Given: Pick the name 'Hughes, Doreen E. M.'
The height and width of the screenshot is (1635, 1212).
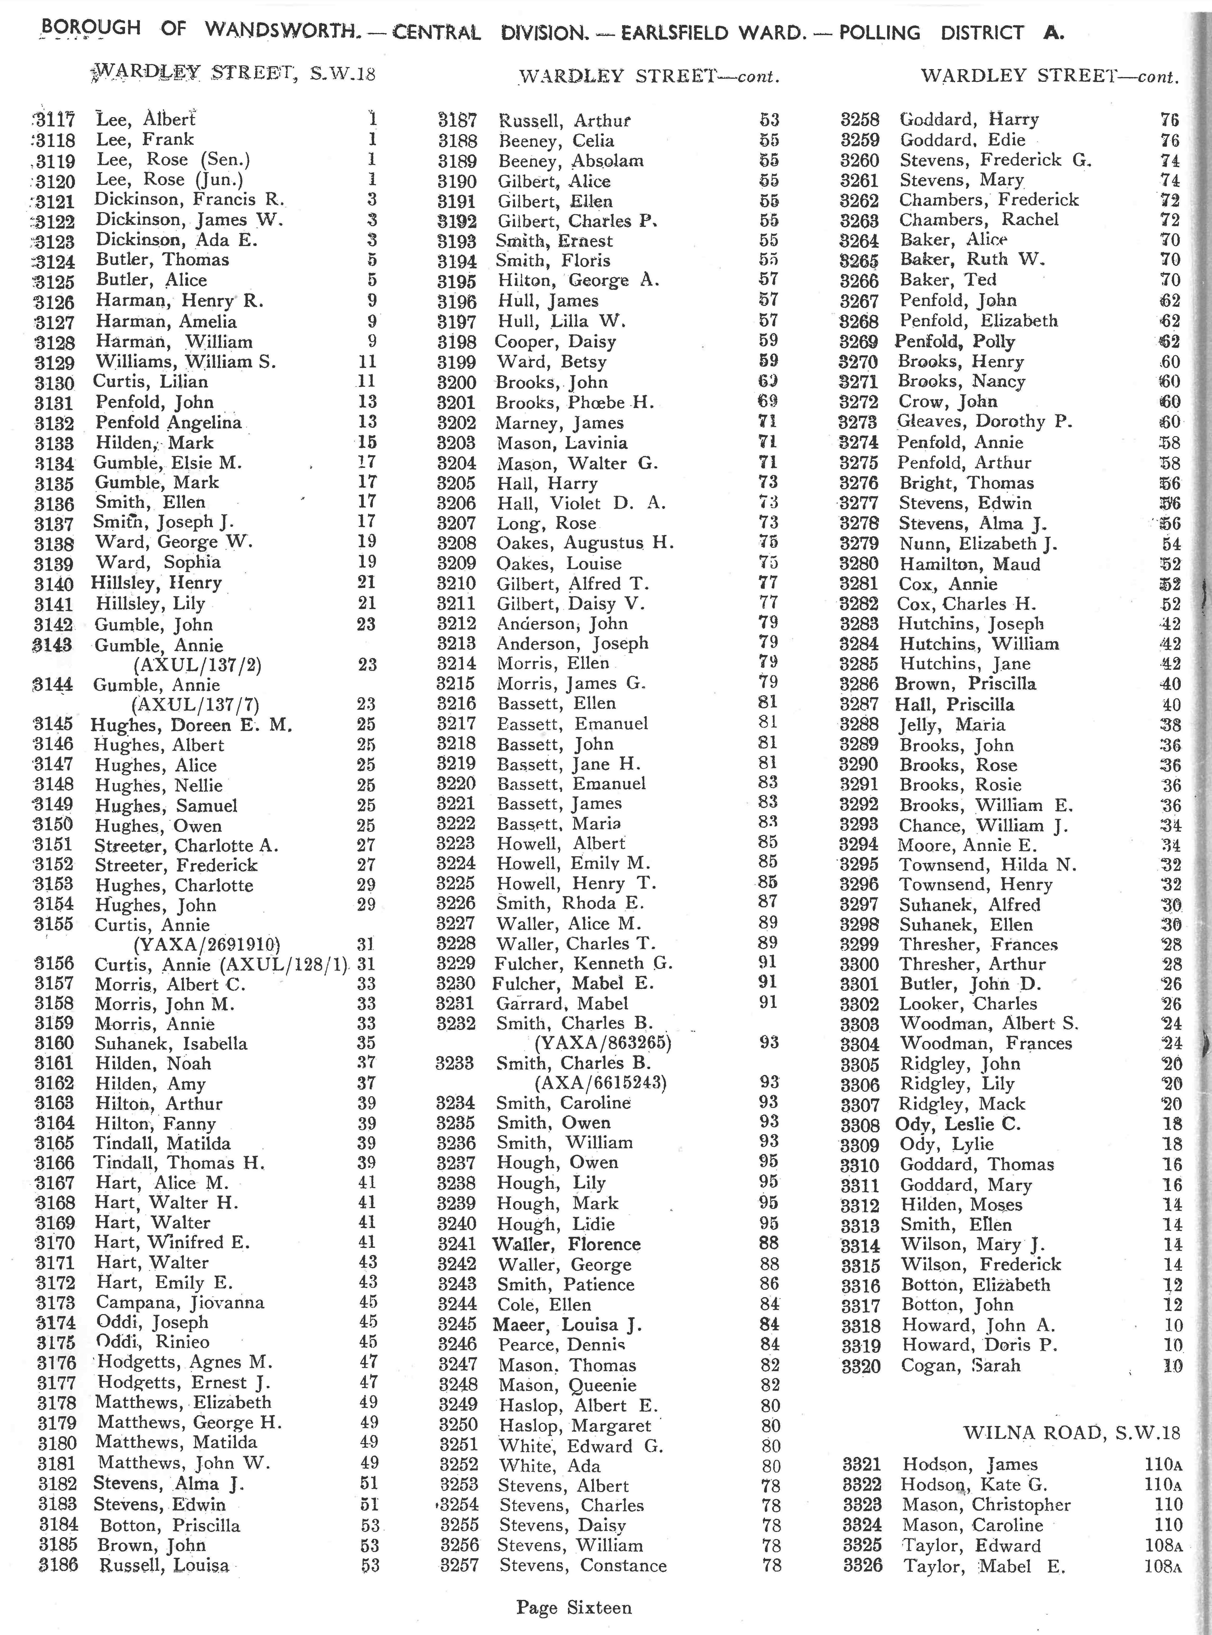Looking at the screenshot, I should pos(192,725).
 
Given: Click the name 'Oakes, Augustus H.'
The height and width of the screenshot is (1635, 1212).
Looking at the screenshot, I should pos(585,543).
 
